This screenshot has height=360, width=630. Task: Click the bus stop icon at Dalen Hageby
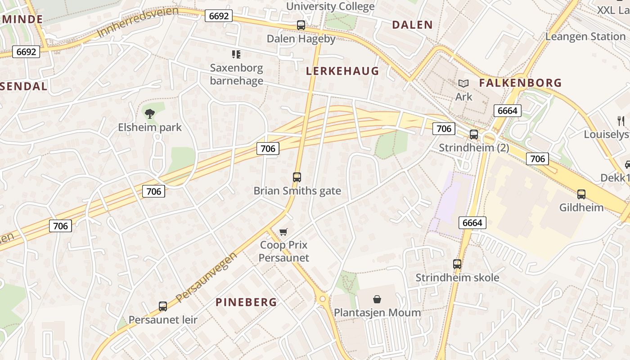301,25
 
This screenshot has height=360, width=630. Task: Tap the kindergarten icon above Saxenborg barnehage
236,54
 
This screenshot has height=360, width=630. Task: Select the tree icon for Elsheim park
150,114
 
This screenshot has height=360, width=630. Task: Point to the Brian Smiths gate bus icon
297,177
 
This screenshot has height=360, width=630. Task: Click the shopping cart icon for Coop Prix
283,232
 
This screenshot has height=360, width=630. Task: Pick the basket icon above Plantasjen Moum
377,299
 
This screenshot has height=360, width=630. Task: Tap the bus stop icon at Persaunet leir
163,306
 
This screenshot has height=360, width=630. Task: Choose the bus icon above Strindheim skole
457,264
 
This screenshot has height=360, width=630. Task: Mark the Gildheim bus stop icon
581,194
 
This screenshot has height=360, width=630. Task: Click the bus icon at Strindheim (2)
474,134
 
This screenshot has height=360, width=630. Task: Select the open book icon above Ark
463,83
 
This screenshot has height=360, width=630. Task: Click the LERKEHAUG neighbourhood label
342,71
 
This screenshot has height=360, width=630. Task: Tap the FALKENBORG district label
520,83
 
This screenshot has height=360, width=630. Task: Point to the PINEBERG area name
246,302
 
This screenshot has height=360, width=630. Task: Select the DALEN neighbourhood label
412,25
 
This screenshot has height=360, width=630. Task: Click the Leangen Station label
585,36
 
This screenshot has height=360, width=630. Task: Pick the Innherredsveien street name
137,22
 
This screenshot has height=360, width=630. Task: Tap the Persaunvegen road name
207,277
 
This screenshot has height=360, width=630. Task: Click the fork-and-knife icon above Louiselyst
621,121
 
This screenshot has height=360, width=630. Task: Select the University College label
330,6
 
